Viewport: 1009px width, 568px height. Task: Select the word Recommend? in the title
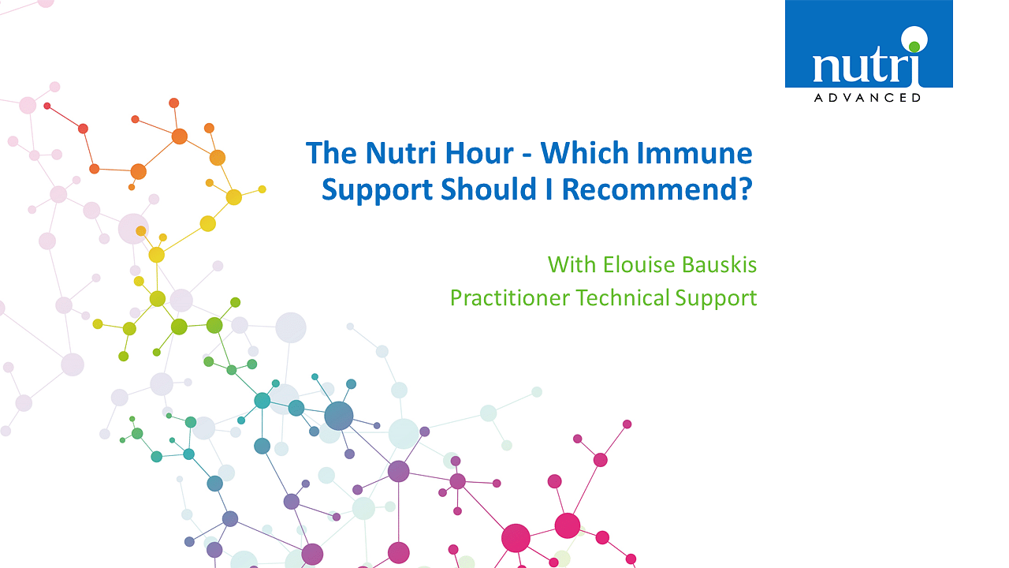coord(657,189)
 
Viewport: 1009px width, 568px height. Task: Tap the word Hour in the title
coord(479,153)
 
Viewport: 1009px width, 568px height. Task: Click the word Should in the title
coord(488,189)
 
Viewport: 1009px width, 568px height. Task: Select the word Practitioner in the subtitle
coord(510,298)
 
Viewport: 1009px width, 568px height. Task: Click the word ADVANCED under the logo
coord(867,98)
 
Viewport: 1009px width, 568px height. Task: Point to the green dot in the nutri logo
coord(914,47)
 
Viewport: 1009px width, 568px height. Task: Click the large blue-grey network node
coord(339,416)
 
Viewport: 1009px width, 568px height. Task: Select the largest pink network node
coord(516,538)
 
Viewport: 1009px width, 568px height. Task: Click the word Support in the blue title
coord(378,189)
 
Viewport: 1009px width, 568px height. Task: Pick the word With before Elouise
coord(572,264)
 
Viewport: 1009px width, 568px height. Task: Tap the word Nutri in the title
coord(401,153)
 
